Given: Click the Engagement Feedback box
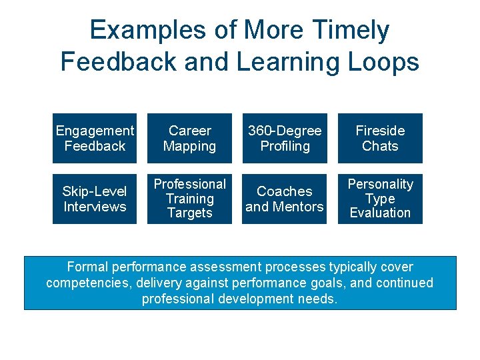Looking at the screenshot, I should pos(95,139).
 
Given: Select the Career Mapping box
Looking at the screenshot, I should pos(189,139).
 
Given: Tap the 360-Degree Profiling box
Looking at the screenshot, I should pos(285,139).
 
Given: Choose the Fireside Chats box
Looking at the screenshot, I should pos(380,139).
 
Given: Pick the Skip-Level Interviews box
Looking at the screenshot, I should pos(95,199).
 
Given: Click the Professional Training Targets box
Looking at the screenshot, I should pos(189,199).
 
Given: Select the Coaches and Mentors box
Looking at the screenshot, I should pos(285,199).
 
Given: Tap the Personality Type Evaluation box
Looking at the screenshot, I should pos(380,199).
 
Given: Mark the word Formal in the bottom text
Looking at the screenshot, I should pos(87,267).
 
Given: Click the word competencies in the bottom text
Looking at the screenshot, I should pos(84,283).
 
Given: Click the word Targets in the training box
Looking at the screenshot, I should pos(189,213).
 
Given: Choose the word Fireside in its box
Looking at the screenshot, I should pos(380,131).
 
